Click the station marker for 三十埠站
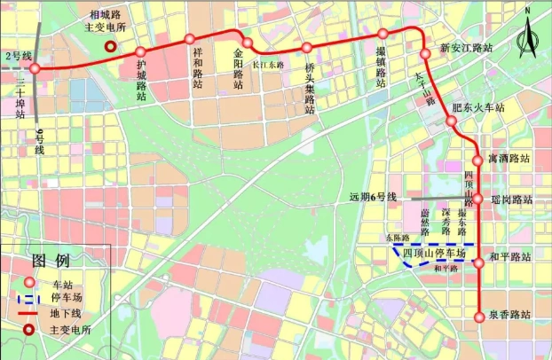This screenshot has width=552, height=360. pos(35,68)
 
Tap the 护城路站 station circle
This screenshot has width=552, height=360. pos(140,52)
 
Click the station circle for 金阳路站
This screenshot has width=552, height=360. pos(248,43)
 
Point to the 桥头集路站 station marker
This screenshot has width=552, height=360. pos(306,48)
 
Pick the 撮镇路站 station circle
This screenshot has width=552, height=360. pos(383,34)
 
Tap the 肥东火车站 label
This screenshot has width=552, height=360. pos(477,107)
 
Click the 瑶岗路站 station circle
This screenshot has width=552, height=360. pos(477,200)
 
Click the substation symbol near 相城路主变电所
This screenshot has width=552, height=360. pos(110,49)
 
